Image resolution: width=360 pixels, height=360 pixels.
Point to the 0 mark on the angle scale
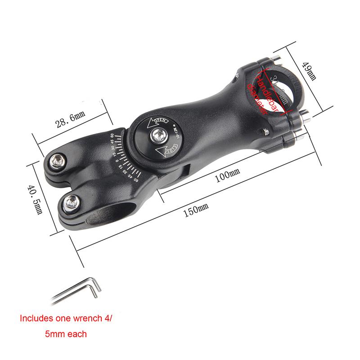click(117, 161)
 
